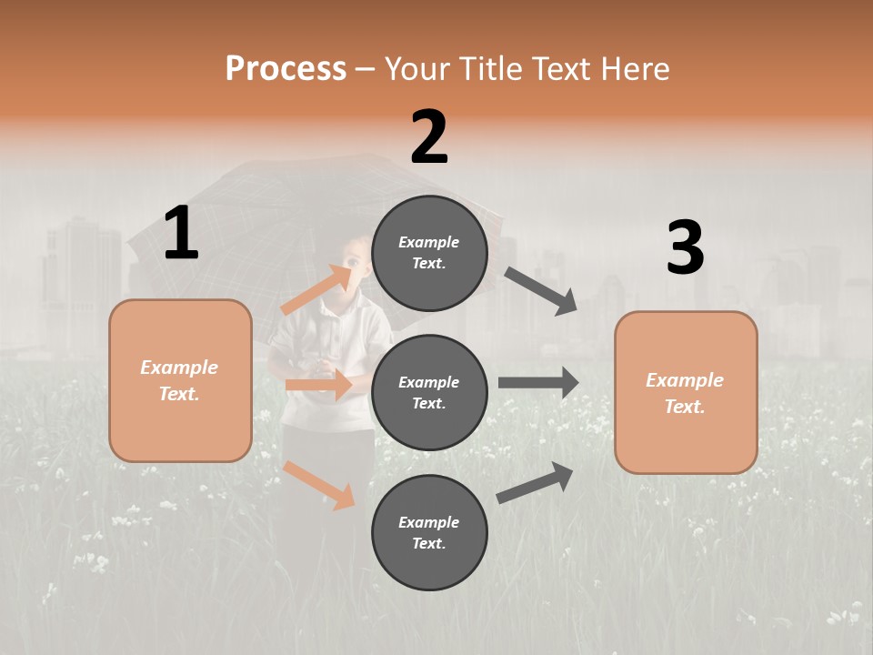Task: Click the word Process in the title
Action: (x=286, y=69)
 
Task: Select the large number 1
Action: (x=181, y=235)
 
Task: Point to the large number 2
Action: (x=429, y=137)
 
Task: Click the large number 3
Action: (x=685, y=248)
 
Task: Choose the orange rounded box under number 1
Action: (x=180, y=380)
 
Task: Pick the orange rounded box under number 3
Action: (x=686, y=392)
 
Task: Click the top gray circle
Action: (x=429, y=253)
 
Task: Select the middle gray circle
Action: (x=429, y=392)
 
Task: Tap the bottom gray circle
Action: (x=429, y=532)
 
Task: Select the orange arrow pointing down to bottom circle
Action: (x=319, y=484)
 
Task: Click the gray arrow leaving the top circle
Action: (x=541, y=291)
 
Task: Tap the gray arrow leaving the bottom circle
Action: (x=536, y=482)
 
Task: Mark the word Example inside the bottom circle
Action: (x=429, y=522)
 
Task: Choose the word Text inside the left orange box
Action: (x=178, y=394)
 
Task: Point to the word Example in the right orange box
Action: (x=685, y=380)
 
